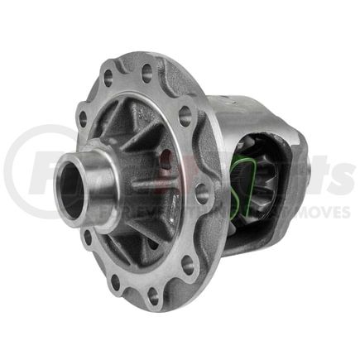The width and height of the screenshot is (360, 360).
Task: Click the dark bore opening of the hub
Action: [x=71, y=192]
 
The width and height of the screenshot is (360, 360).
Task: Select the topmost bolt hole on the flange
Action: [x=147, y=72]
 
